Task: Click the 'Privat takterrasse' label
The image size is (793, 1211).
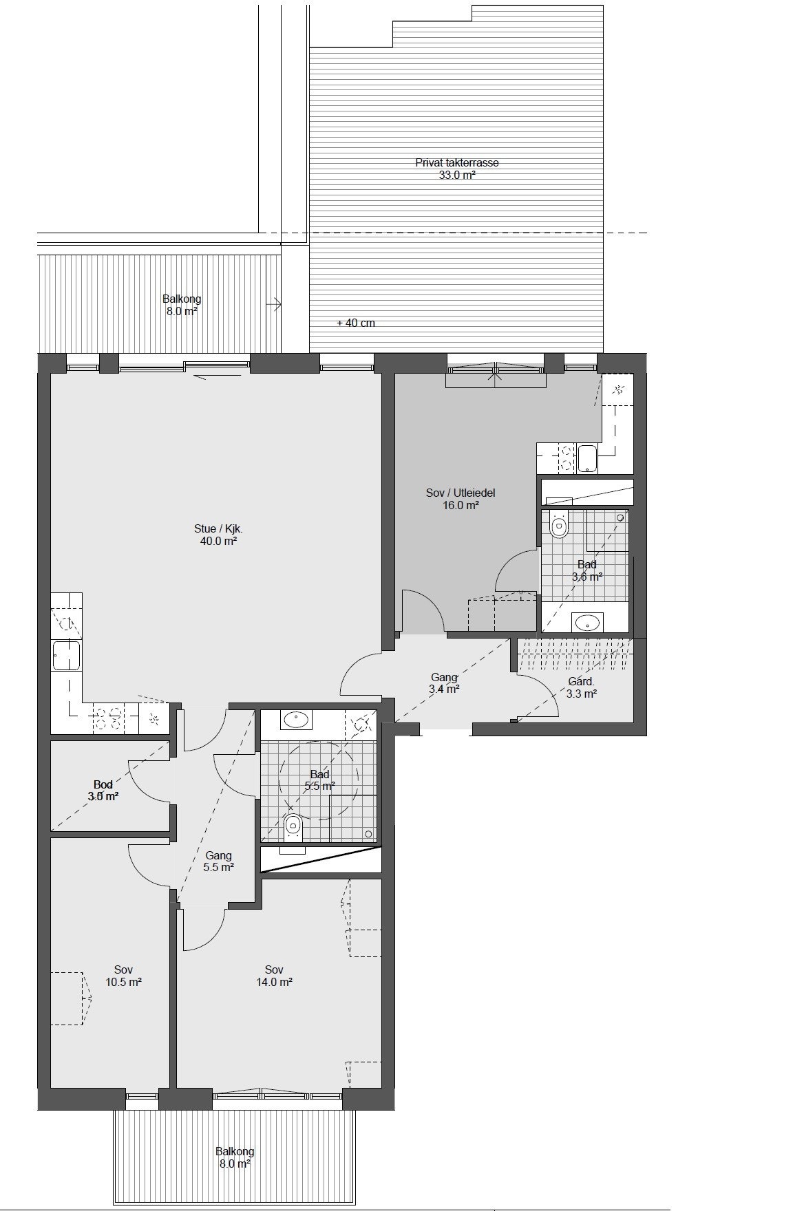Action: click(x=456, y=163)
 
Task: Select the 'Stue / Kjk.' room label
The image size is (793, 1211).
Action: click(x=218, y=529)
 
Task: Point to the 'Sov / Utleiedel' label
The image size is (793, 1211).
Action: click(x=461, y=493)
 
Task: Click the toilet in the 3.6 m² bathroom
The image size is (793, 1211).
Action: click(x=558, y=527)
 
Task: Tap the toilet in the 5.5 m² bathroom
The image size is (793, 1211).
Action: click(x=293, y=825)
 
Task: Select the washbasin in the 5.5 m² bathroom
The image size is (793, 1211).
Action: click(x=295, y=720)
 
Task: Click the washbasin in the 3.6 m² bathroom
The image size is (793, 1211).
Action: click(x=587, y=623)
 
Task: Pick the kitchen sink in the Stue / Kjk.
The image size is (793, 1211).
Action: click(x=67, y=656)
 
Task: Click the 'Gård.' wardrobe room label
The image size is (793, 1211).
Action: click(x=581, y=682)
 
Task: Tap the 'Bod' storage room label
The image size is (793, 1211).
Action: click(x=103, y=784)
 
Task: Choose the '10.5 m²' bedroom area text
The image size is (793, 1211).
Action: click(x=124, y=982)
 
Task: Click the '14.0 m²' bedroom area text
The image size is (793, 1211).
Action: click(x=274, y=982)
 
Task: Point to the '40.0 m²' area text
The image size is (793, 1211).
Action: click(x=218, y=542)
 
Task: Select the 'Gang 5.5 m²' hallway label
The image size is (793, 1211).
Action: click(x=219, y=861)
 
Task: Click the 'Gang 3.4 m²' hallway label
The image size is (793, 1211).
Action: click(x=444, y=683)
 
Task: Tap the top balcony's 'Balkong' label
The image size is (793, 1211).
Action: click(x=182, y=299)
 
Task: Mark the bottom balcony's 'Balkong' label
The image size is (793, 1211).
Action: click(x=235, y=1151)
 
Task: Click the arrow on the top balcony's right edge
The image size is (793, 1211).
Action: click(x=277, y=303)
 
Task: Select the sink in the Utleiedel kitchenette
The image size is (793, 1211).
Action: click(x=587, y=458)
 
